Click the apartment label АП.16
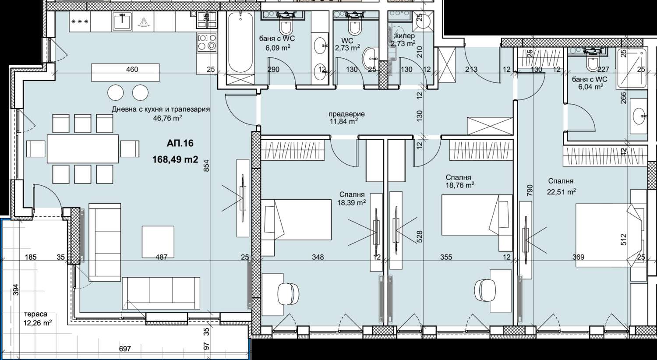click(x=180, y=143)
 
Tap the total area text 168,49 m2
click(x=175, y=159)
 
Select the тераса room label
click(x=35, y=314)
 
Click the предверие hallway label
click(x=346, y=114)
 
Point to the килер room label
click(x=405, y=36)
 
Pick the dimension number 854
click(x=206, y=166)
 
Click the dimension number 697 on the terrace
click(x=125, y=349)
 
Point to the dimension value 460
click(x=132, y=70)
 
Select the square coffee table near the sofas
click(x=158, y=242)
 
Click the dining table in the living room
click(x=83, y=148)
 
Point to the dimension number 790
click(x=530, y=190)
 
